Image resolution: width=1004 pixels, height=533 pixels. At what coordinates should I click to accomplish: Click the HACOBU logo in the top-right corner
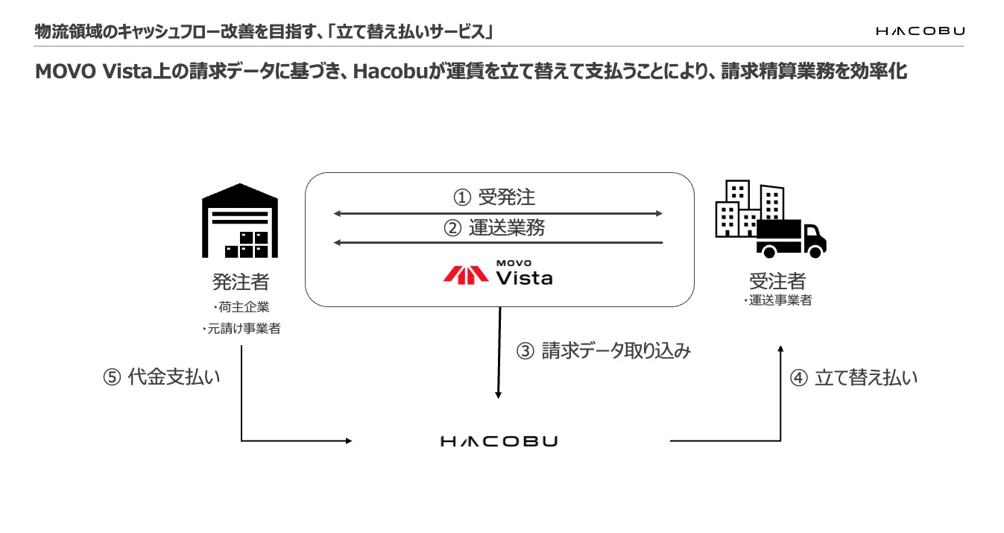[921, 31]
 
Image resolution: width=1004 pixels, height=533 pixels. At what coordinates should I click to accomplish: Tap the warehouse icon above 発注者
[240, 221]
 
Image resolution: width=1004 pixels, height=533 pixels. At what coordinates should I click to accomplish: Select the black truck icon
[791, 239]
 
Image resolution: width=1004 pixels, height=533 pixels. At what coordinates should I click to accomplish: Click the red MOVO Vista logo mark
[466, 275]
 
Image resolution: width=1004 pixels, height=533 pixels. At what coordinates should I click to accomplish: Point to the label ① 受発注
[494, 198]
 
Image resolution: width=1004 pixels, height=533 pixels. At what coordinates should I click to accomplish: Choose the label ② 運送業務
[494, 227]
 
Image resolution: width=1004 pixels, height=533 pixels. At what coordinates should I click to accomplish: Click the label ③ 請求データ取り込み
[603, 350]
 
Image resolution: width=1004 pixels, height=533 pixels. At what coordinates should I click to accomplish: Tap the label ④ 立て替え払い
[853, 377]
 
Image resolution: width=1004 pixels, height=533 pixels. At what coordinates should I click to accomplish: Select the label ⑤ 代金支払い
[162, 376]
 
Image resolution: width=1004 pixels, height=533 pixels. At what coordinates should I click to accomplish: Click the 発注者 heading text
[241, 282]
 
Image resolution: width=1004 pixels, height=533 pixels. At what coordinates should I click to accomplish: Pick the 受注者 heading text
[777, 281]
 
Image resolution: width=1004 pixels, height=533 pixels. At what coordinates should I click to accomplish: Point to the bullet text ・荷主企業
[241, 307]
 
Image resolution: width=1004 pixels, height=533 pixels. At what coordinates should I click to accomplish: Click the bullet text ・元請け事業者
[241, 329]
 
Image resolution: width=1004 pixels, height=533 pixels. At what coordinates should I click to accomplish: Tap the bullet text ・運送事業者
[777, 300]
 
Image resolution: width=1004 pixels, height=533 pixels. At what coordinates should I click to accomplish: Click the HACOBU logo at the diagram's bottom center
[499, 441]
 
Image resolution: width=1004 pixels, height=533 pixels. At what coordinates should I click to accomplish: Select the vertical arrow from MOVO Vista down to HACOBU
[499, 353]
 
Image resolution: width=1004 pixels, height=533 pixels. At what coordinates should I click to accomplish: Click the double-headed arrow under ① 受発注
[498, 213]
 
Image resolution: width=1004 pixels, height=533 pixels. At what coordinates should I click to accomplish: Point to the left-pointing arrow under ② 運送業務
[498, 242]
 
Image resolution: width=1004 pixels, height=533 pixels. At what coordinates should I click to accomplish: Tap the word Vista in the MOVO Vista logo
[524, 278]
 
